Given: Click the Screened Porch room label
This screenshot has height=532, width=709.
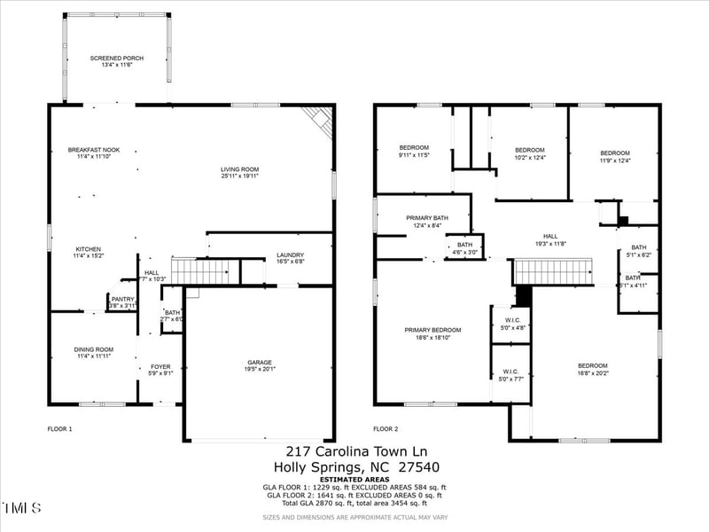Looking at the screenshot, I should (x=116, y=59).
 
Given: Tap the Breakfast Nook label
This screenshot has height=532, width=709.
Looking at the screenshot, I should (x=94, y=150).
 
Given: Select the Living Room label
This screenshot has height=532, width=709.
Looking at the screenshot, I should (x=239, y=169).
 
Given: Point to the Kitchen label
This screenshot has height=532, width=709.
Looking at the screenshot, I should (x=89, y=249).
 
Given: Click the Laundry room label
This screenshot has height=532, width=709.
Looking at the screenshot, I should (x=290, y=254).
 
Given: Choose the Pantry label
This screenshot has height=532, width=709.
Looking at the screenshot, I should (x=122, y=300).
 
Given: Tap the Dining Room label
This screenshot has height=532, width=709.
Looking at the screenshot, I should (x=93, y=349).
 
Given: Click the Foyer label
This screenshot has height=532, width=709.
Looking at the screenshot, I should (x=160, y=366).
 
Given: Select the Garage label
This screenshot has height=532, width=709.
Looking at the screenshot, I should (x=260, y=362).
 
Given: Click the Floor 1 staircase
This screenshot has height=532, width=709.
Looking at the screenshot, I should (x=205, y=271).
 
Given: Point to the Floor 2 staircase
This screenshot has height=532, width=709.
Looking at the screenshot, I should (x=553, y=271).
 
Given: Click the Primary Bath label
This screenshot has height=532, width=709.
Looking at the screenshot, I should (x=427, y=218).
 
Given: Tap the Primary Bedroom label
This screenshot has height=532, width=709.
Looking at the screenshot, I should (x=433, y=330).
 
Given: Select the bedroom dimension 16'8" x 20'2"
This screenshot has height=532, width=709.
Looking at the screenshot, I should (x=593, y=373).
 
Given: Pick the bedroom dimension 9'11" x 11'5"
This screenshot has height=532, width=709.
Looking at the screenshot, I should (x=414, y=155).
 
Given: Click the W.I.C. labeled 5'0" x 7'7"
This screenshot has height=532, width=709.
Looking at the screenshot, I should (x=510, y=375).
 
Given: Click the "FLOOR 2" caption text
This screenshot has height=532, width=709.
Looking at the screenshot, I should (x=386, y=429).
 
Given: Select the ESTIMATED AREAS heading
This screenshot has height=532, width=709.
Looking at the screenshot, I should (x=354, y=479).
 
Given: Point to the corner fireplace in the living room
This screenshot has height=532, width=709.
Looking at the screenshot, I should (x=319, y=119).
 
